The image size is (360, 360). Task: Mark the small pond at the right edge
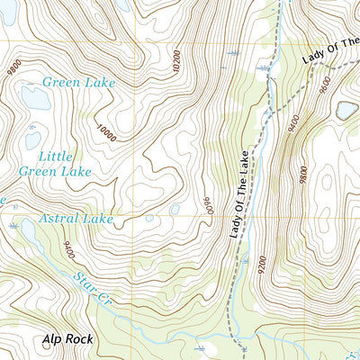[346, 110]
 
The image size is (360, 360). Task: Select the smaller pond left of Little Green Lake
[32, 140]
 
